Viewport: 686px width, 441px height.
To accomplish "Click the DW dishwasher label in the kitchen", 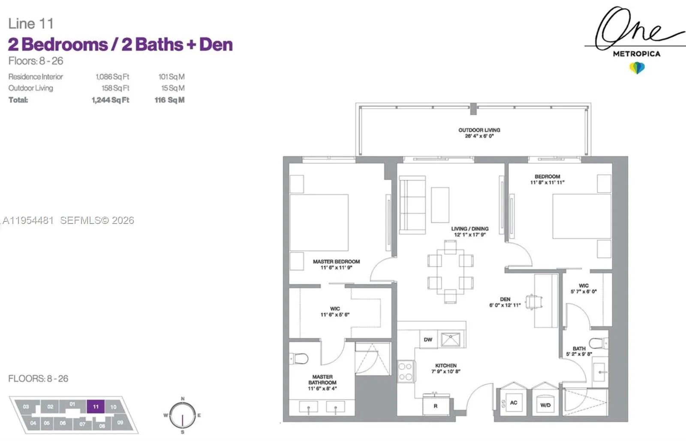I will (x=428, y=340).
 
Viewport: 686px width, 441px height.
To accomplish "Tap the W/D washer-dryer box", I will (x=545, y=404).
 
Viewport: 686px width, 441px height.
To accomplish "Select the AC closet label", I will (x=513, y=402).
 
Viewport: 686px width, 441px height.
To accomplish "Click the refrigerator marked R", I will (x=436, y=405).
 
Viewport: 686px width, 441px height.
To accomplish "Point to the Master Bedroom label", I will (x=336, y=262).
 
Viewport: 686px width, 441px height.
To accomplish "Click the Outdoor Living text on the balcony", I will (x=479, y=130).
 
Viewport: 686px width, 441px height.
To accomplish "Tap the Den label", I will (x=505, y=299).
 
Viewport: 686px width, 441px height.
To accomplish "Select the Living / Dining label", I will (x=469, y=229).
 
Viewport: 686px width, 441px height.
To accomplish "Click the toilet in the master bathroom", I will (x=299, y=358).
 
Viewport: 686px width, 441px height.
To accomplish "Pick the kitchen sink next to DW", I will (x=451, y=340).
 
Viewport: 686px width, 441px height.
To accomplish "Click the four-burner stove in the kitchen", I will (x=405, y=372).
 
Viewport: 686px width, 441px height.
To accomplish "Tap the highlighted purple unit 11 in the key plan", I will (x=96, y=406).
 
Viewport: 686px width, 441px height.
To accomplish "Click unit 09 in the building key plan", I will (x=120, y=423).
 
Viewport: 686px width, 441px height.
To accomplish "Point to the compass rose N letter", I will (x=183, y=399).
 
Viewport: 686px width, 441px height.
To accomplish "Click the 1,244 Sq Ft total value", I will (x=110, y=100).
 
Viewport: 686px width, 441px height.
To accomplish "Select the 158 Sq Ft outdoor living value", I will (x=115, y=88).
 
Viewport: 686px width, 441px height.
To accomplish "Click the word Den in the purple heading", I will (x=216, y=45).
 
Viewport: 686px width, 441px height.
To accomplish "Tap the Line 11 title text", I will (x=31, y=24).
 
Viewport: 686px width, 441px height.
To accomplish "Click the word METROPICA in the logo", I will (x=636, y=54).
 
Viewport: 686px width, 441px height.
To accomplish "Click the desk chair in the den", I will (x=533, y=302).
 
